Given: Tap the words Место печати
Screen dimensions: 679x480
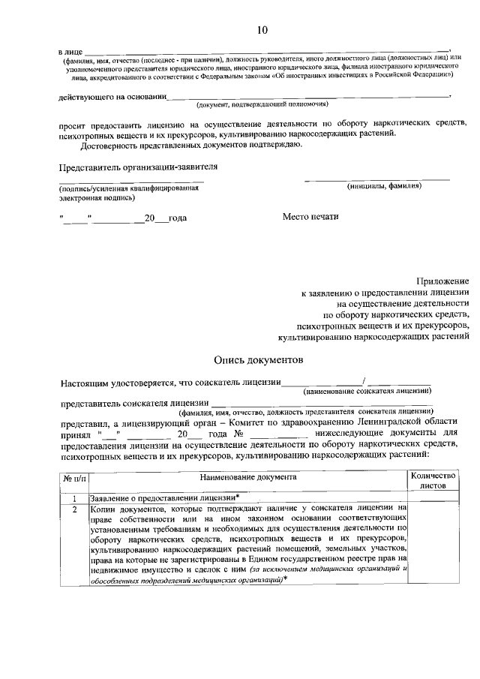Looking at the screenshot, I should click(x=310, y=217).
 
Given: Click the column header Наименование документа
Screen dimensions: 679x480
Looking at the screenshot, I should click(x=248, y=476).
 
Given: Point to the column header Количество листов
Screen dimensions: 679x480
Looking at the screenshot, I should click(x=433, y=481).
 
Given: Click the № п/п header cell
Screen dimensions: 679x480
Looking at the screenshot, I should click(x=74, y=477).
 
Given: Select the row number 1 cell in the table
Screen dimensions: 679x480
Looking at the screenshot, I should click(x=74, y=498).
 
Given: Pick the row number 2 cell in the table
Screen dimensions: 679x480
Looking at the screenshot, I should click(x=74, y=509).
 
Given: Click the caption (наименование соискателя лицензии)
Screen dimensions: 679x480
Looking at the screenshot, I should click(x=367, y=391).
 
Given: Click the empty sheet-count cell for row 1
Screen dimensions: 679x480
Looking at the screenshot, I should click(x=433, y=498).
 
